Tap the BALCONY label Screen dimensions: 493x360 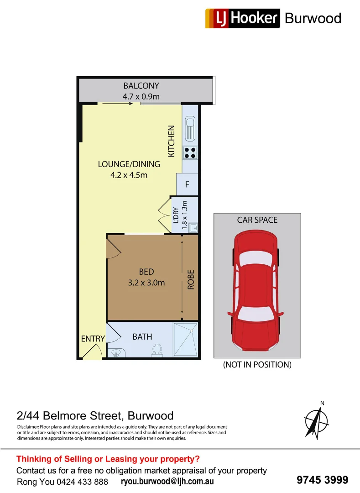pos(141,85)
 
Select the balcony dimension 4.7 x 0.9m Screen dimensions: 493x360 pos(141,96)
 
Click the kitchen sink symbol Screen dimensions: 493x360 pos(190,129)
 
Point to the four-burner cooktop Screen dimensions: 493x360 pos(190,152)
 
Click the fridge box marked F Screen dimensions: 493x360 pos(187,185)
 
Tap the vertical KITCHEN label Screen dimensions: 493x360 pos(172,142)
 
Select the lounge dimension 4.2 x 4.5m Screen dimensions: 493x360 pos(129,175)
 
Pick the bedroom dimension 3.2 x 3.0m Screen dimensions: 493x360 pos(146,283)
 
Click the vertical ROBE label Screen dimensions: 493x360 pos(191,280)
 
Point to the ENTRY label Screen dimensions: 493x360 pos(93,339)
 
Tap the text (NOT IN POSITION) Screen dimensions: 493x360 pos(257,365)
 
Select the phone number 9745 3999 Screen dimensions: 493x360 pos(322,480)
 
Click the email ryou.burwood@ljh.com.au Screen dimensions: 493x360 pos(167,482)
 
